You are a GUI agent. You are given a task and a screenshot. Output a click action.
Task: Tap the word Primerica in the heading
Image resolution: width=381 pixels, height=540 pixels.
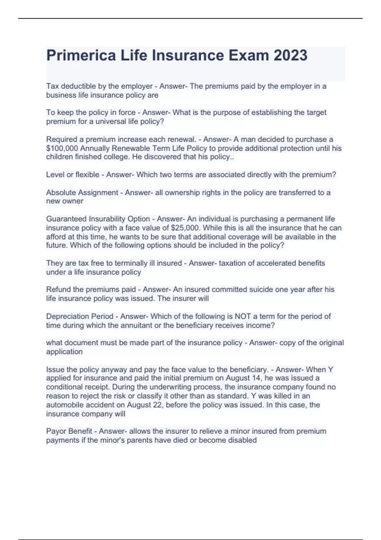tap(81, 55)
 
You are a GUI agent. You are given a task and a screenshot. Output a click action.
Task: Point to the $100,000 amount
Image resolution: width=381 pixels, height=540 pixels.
tap(62, 148)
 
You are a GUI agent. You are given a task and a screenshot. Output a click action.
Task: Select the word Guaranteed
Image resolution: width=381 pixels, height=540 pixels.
tap(66, 219)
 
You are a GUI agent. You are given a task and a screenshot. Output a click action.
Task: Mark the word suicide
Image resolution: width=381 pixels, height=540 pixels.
tap(224, 289)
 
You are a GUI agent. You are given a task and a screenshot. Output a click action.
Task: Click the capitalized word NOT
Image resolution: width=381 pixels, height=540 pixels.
tap(243, 316)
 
